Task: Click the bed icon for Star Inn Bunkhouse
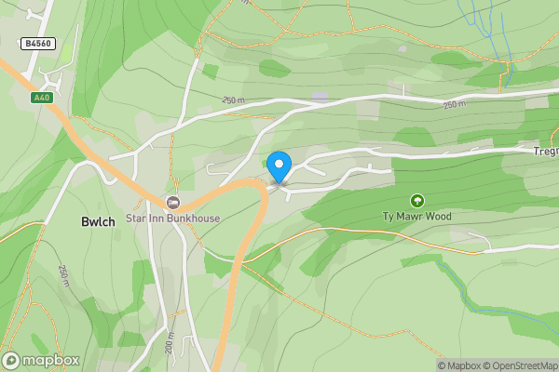tap(172, 202)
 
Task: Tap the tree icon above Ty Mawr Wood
tap(416, 200)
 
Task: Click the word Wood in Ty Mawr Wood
tap(440, 217)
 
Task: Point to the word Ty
tap(389, 217)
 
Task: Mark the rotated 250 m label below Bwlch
tap(63, 275)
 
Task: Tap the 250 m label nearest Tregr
tap(455, 105)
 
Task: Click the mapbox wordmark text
tap(51, 360)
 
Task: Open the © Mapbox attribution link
tap(462, 365)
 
